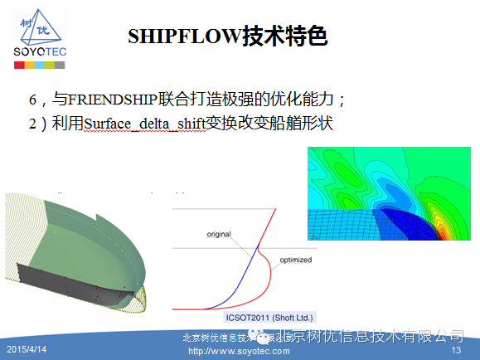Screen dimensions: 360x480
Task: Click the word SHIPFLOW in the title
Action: point(183,36)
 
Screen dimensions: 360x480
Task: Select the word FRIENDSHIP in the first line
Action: point(115,100)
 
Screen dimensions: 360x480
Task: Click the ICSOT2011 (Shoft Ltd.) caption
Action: point(271,317)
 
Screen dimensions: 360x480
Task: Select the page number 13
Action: point(455,351)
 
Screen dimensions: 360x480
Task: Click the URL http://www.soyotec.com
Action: point(240,351)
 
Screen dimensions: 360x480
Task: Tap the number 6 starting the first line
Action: point(33,100)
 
